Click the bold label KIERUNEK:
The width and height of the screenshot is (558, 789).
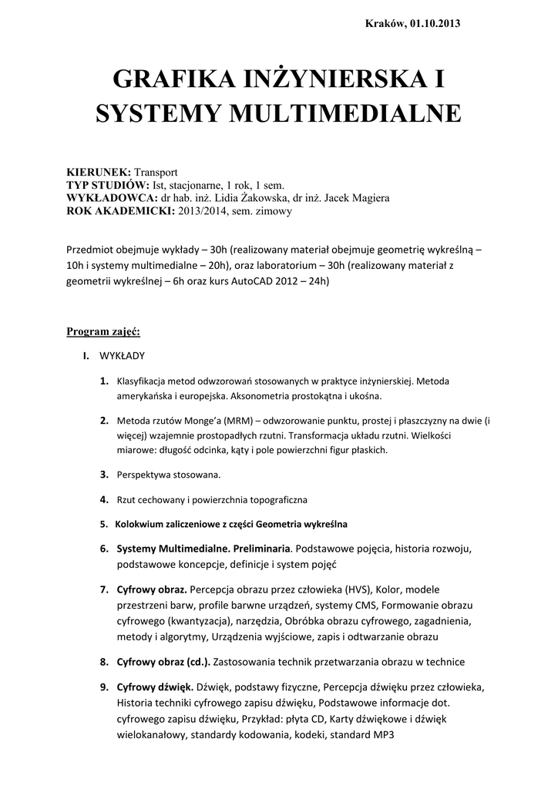pyautogui.click(x=99, y=172)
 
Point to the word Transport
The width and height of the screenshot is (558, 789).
pyautogui.click(x=156, y=172)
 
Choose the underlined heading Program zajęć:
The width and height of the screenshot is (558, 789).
pyautogui.click(x=103, y=332)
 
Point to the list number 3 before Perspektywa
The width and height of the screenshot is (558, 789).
pyautogui.click(x=103, y=474)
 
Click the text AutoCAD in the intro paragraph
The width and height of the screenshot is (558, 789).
pyautogui.click(x=250, y=281)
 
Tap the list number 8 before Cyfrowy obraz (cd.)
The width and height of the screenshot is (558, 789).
pyautogui.click(x=103, y=661)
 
